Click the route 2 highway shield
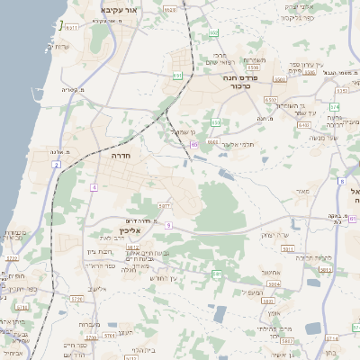pyautogui.click(x=57, y=165)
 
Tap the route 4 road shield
pyautogui.click(x=93, y=186)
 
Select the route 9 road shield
pyautogui.click(x=168, y=224)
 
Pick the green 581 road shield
pyautogui.click(x=217, y=273)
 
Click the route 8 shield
pyautogui.click(x=342, y=182)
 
